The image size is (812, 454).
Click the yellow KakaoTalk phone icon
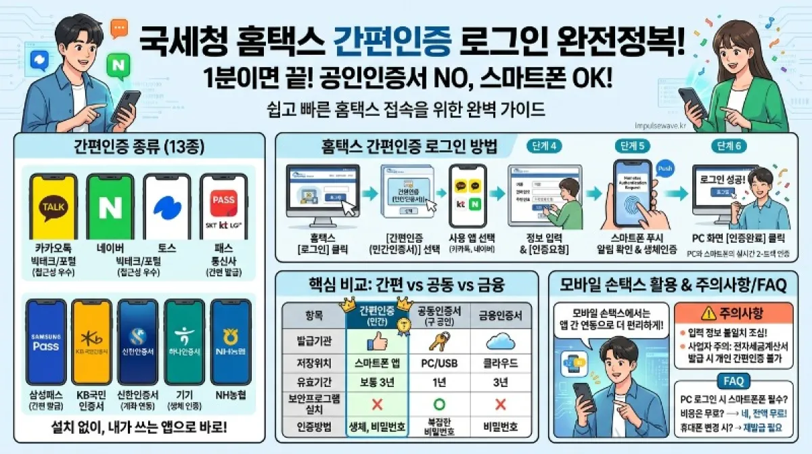(x=53, y=206)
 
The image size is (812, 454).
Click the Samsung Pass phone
(x=46, y=342)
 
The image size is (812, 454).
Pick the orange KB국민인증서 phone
(x=91, y=342)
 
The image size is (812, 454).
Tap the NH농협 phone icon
(x=231, y=342)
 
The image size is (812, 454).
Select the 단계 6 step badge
(x=727, y=146)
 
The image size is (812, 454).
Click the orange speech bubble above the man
(x=119, y=28)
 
